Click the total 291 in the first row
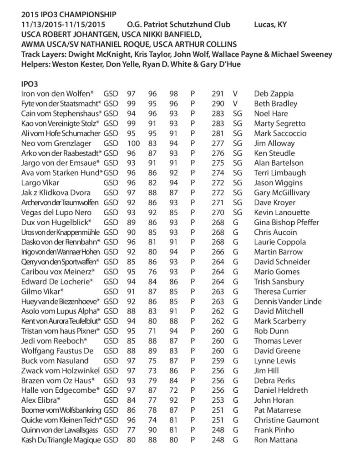[x=218, y=94]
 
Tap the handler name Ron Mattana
[x=276, y=440]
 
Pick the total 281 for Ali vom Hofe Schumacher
[x=218, y=133]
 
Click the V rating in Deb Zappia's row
[x=235, y=94]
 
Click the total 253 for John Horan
[x=218, y=400]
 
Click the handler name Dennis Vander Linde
[x=288, y=301]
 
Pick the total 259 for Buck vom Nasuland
[x=218, y=361]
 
